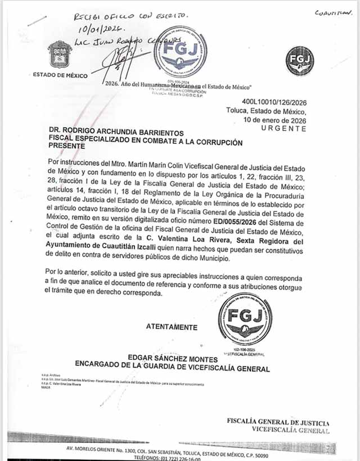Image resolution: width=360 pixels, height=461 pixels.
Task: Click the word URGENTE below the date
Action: [284, 128]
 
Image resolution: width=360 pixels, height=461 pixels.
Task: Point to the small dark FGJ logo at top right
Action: [299, 61]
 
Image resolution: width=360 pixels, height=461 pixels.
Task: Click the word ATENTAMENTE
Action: [172, 327]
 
